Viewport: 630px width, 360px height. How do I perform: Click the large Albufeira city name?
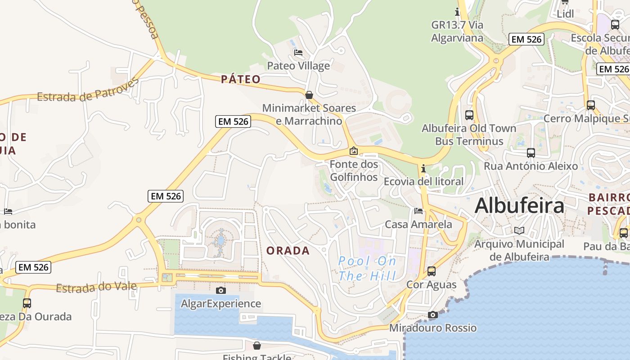(x=519, y=206)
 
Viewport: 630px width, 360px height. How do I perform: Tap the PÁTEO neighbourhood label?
(x=241, y=80)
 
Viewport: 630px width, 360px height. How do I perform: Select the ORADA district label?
(x=288, y=251)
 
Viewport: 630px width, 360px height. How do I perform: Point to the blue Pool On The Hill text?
(x=367, y=268)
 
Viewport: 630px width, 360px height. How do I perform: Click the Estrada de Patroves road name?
(x=88, y=90)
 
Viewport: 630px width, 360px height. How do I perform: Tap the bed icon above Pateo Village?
(x=298, y=53)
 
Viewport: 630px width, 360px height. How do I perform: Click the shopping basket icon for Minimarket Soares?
(x=309, y=95)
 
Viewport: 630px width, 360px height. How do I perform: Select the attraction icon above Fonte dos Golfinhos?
(x=354, y=151)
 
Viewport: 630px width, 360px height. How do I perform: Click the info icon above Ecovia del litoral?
(x=423, y=169)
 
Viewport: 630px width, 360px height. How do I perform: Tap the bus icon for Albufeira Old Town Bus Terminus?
(x=469, y=115)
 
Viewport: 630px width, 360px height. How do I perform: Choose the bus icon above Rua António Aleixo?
(x=531, y=153)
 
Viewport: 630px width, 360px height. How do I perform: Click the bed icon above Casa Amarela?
(x=418, y=211)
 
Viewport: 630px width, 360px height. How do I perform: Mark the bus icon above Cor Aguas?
(x=432, y=271)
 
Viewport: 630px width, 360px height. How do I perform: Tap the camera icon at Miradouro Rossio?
(x=433, y=315)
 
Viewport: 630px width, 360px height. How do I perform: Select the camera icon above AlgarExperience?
(x=220, y=290)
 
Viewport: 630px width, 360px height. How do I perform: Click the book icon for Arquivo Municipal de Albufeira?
(x=519, y=230)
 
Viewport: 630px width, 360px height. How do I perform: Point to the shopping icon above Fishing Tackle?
(x=256, y=346)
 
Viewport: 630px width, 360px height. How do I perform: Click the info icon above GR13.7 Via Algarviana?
(x=457, y=12)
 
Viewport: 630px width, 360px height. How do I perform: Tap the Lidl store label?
(x=565, y=14)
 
